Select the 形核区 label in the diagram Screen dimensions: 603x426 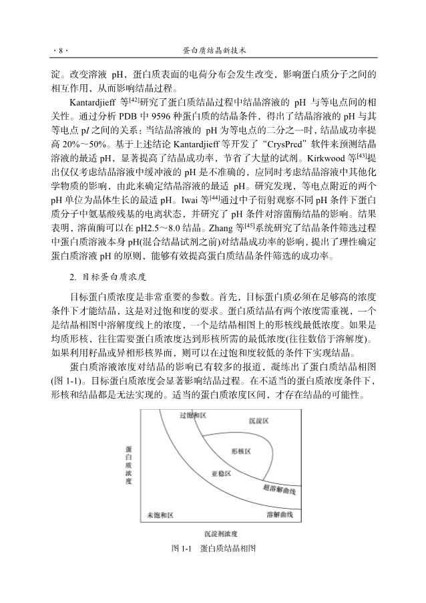coord(240,451)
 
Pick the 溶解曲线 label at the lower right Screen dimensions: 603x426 coord(280,515)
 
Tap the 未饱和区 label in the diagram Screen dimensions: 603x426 coord(160,515)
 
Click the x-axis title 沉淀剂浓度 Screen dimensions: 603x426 coord(221,533)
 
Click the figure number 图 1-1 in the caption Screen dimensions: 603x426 coord(181,548)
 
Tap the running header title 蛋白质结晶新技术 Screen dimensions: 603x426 coord(214,50)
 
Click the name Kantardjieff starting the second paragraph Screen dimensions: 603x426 coord(93,104)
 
